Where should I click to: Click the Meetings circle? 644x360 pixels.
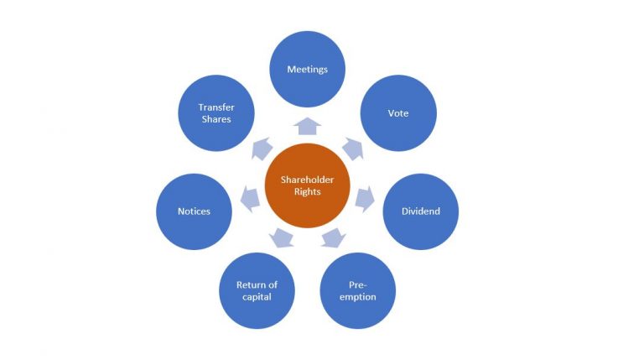point(307,69)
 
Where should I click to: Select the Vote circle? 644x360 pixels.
point(398,113)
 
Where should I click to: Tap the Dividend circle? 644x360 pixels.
point(421,211)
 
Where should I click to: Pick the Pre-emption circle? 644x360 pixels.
point(358,290)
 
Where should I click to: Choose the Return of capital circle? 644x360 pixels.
point(257,290)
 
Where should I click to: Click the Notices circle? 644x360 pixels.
point(194,211)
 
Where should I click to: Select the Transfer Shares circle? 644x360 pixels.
point(216,113)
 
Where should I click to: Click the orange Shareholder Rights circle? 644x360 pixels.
point(307,185)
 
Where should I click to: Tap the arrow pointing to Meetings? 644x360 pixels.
point(307,126)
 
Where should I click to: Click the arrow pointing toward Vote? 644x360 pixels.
point(353,149)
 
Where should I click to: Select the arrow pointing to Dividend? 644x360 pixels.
point(365,199)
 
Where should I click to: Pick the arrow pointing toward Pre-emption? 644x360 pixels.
point(333,238)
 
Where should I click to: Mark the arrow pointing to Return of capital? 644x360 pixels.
point(282,238)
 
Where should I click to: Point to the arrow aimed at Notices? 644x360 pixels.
point(250,199)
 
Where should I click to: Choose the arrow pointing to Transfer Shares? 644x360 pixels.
point(262,149)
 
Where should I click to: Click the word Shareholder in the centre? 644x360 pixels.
point(307,180)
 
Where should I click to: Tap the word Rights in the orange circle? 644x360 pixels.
point(307,191)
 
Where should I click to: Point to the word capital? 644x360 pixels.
point(257,297)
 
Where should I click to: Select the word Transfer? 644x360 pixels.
point(216,107)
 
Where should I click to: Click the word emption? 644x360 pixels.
point(358,297)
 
